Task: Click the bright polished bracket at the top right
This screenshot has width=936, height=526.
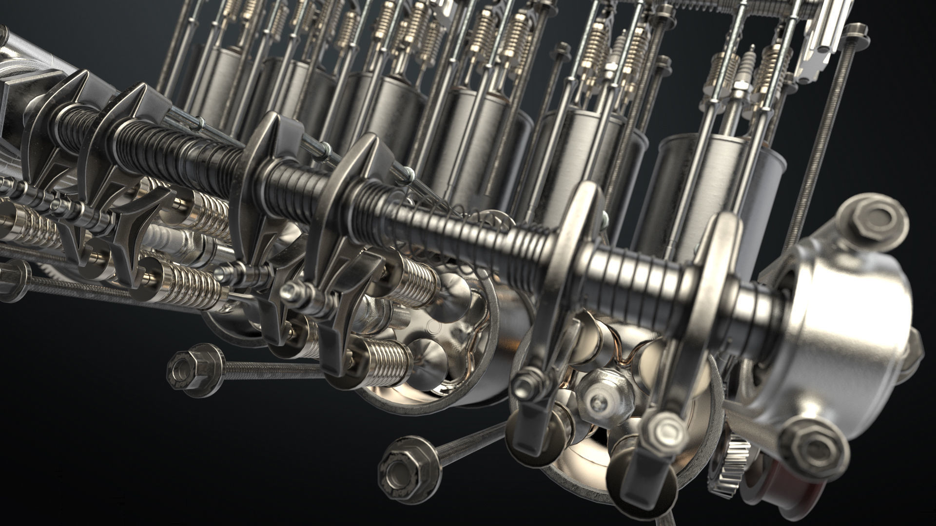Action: click(x=824, y=29)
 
